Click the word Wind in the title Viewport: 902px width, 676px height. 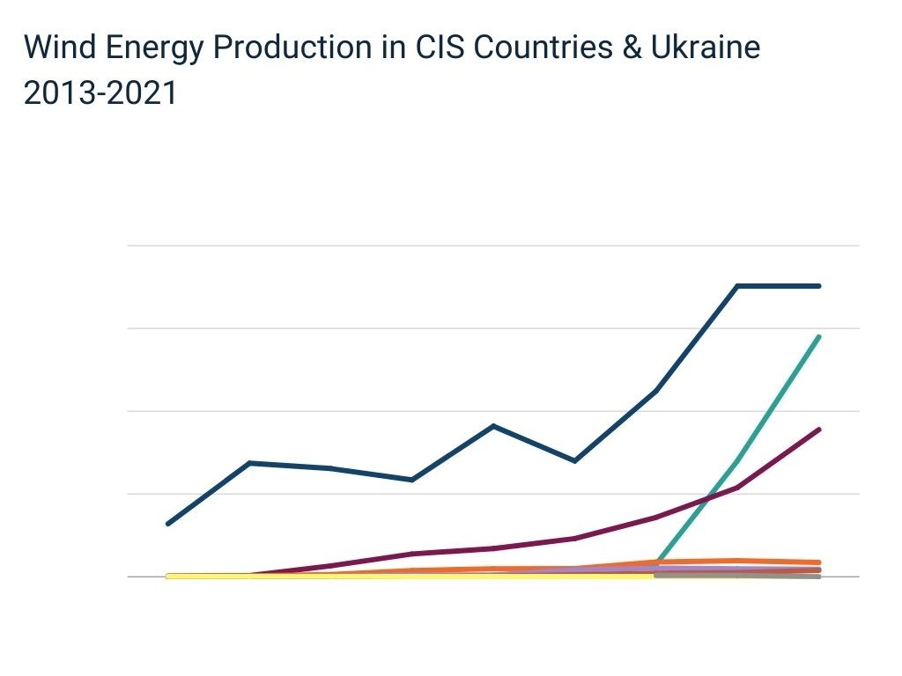point(55,48)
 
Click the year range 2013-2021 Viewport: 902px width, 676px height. point(100,92)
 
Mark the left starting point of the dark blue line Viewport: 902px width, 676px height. point(167,524)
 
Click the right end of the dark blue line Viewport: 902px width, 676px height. point(819,286)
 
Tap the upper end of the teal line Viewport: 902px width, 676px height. point(819,337)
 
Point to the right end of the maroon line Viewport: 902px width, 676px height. point(819,430)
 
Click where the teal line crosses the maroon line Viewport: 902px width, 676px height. point(711,497)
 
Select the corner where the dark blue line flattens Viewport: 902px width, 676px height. point(737,286)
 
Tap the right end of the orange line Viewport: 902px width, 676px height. point(819,562)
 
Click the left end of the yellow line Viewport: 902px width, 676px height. point(167,577)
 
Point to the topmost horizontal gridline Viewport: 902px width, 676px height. point(493,246)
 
